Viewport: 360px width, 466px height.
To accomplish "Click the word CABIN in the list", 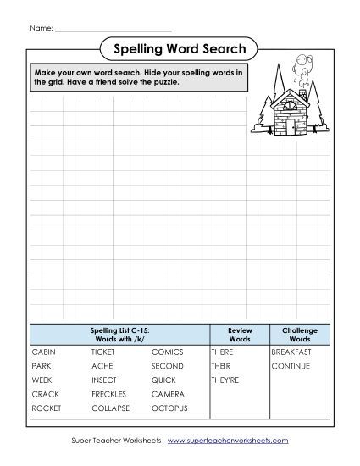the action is [x=43, y=351].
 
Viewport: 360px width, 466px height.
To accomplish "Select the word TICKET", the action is [x=103, y=351].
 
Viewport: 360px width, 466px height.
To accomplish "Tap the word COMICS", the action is [x=167, y=351].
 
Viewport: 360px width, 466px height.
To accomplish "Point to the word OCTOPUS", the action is [x=169, y=408].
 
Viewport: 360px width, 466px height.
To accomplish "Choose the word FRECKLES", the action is [x=109, y=394].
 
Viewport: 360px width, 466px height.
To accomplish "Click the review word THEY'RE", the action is [x=225, y=380].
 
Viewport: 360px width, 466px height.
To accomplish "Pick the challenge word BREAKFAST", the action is [x=291, y=351].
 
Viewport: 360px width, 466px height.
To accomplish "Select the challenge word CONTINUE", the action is [x=291, y=365].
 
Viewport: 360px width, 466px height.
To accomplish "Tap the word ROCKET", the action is [x=46, y=408].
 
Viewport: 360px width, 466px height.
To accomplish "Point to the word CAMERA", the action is [x=168, y=394].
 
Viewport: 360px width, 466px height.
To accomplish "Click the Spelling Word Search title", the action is [x=180, y=48].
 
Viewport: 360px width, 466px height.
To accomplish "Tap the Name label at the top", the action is [x=40, y=28].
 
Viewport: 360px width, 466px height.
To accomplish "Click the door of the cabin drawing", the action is [x=291, y=127].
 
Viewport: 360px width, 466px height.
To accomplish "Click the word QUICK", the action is [x=164, y=380].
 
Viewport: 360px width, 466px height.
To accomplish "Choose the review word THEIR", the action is [x=221, y=365].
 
